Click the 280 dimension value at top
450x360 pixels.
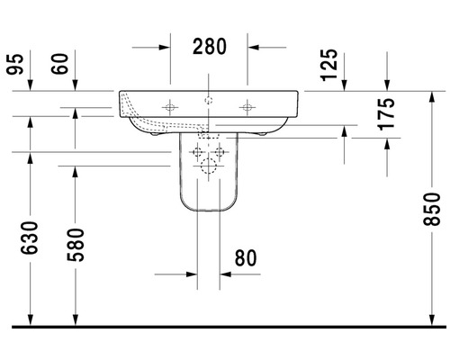tap(209, 45)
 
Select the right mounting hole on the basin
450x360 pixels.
tap(245, 108)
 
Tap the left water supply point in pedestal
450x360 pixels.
tap(198, 152)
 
